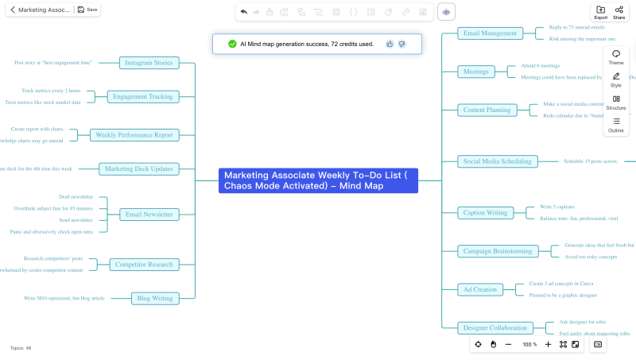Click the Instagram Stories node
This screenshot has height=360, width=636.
point(149,62)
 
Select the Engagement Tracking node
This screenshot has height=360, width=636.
point(142,96)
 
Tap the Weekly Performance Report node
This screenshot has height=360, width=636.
point(134,135)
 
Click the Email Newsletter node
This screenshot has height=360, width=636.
point(149,214)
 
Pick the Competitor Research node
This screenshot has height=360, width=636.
point(143,265)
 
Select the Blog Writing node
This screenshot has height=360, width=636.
point(155,299)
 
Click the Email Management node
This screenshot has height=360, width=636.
point(491,33)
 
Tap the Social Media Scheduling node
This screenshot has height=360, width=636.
point(497,161)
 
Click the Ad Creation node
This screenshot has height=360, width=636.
point(480,289)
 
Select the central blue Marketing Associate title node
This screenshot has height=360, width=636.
point(318,180)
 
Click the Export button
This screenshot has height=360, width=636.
point(600,11)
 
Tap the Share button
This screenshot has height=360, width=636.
point(619,11)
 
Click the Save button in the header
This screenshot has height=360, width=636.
point(87,10)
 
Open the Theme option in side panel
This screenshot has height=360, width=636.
point(616,56)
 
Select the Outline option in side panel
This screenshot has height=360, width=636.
point(616,124)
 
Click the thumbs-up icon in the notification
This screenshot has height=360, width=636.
point(390,44)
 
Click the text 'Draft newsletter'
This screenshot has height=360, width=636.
point(76,196)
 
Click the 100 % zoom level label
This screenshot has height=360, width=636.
point(529,344)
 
